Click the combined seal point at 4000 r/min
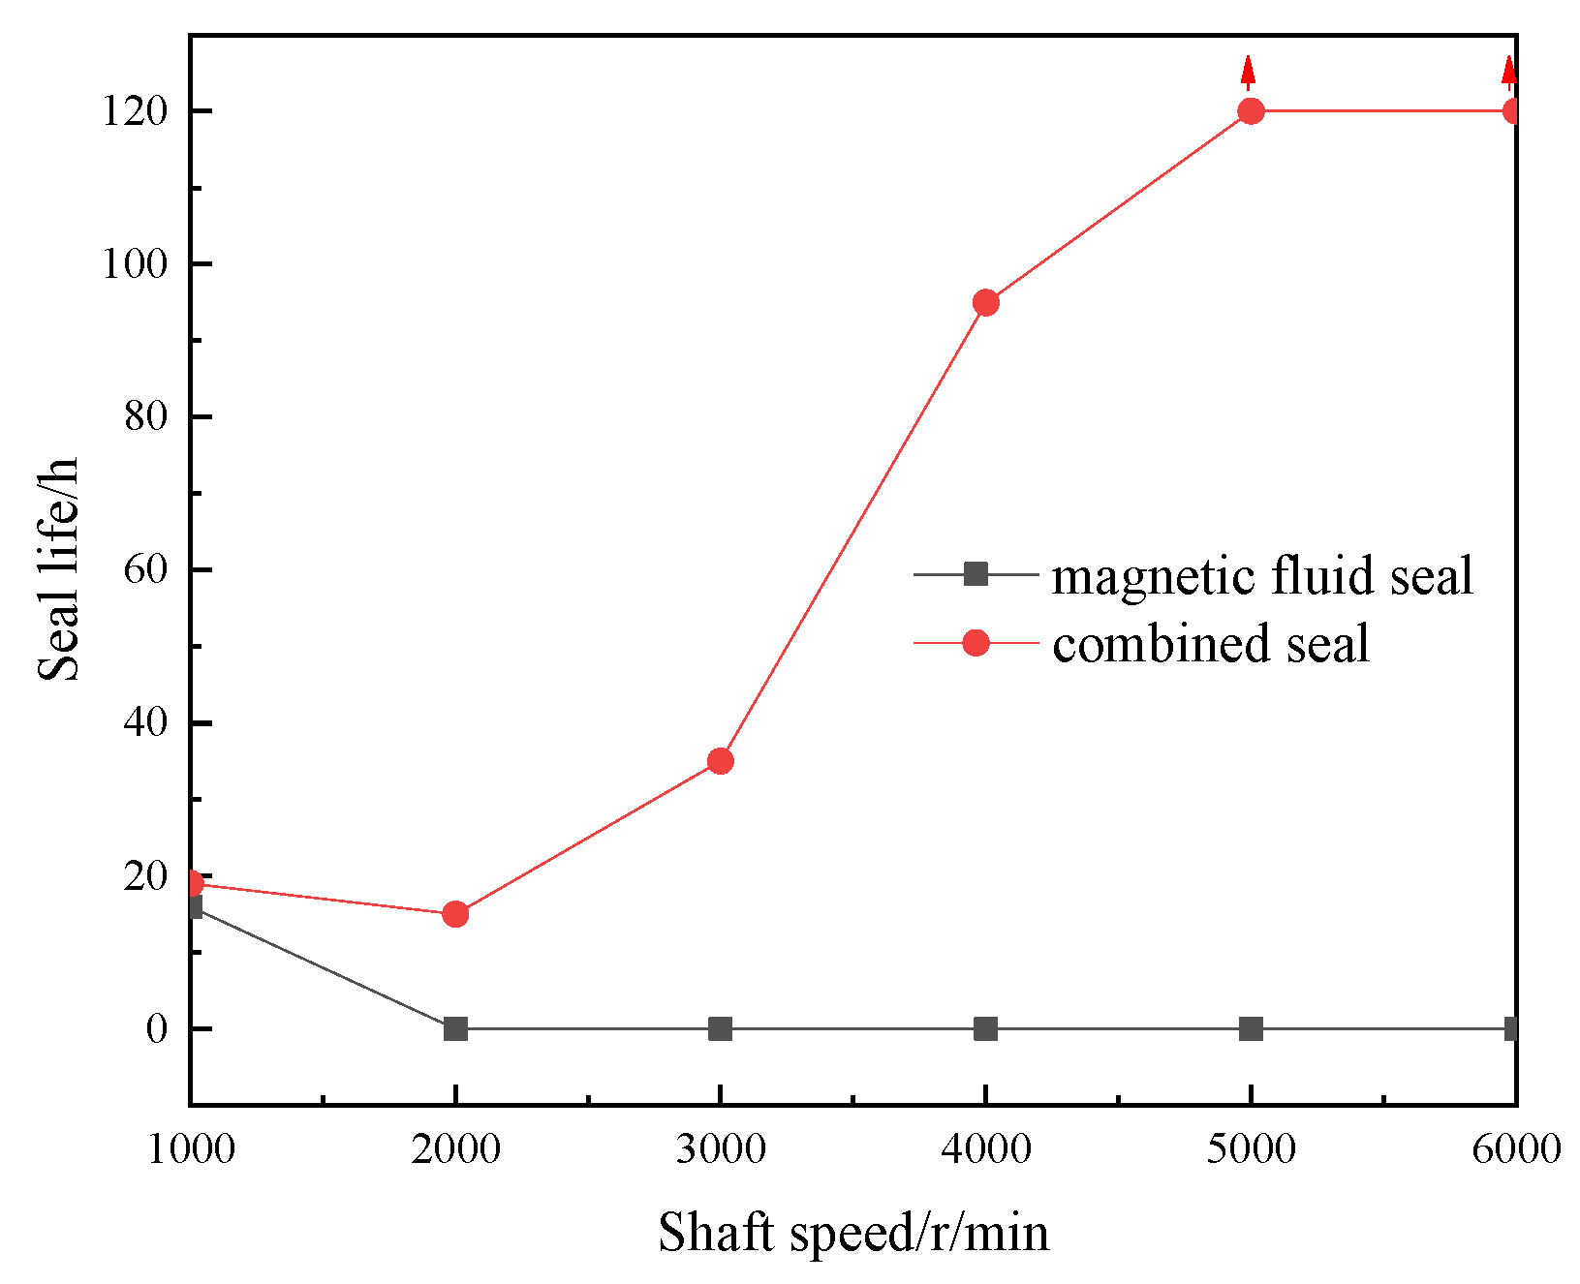pos(985,303)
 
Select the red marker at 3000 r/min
pos(720,761)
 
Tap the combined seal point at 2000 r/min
pos(455,914)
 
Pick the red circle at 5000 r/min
pos(1251,111)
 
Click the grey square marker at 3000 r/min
pos(720,1028)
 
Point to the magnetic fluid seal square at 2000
pos(455,1028)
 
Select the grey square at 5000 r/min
pos(1251,1028)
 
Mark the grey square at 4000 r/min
pos(985,1028)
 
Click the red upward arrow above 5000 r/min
pos(1249,71)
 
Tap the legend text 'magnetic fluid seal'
pos(1261,576)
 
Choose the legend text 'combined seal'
pos(1211,644)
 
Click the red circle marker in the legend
pos(976,642)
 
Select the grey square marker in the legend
pos(976,574)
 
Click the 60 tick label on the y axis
pos(145,569)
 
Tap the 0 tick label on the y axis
pos(157,1028)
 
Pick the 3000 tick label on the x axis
pos(720,1150)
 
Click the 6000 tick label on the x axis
pos(1514,1150)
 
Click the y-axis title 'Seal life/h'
pos(58,569)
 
